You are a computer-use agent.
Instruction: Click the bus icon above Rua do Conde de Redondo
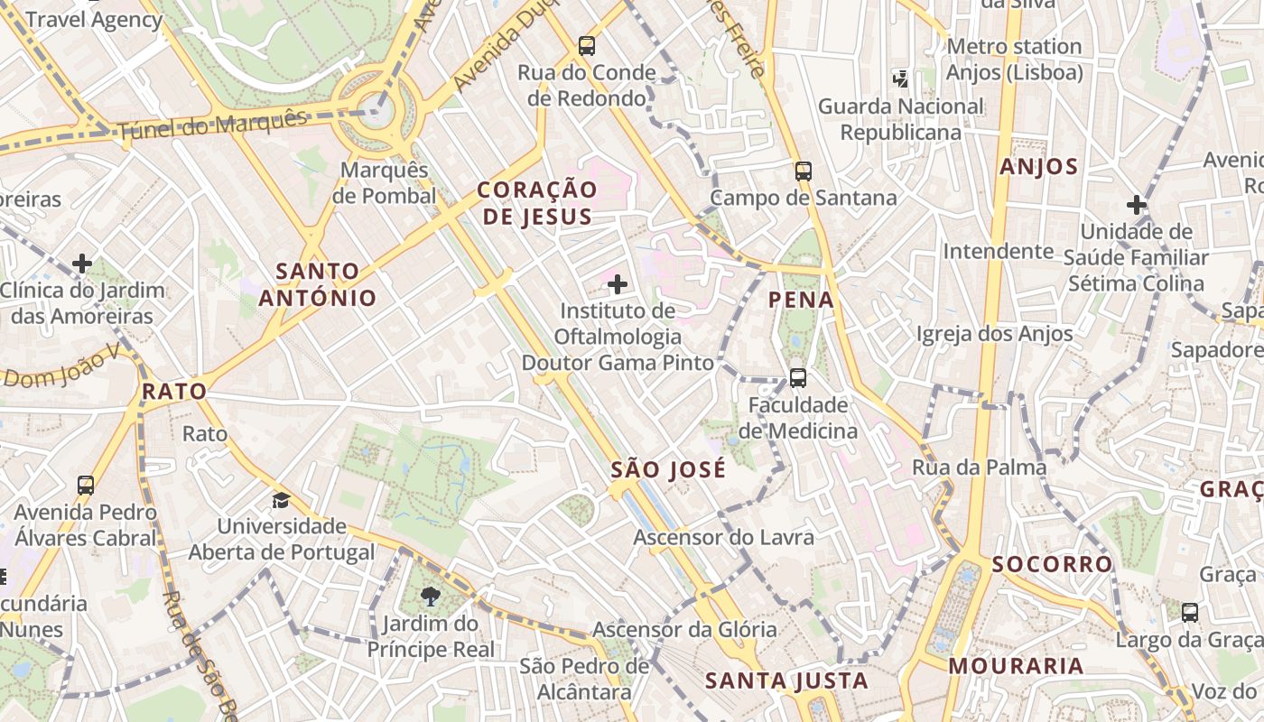(587, 45)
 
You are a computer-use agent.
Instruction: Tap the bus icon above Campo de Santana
(804, 171)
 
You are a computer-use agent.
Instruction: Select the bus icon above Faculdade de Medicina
(798, 378)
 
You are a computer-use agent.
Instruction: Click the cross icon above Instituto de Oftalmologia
(618, 285)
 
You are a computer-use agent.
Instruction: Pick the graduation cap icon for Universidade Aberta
(282, 500)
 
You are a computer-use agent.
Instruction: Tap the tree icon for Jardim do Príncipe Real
(431, 596)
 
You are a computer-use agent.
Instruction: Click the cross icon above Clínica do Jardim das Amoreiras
(82, 264)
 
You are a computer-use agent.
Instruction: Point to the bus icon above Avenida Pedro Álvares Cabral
(86, 486)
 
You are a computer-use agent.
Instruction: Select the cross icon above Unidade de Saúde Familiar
(1137, 205)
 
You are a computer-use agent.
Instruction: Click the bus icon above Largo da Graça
(1190, 613)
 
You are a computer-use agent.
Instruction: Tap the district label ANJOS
(1039, 166)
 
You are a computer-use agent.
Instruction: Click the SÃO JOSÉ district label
(668, 469)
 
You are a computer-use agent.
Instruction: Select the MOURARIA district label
(1016, 666)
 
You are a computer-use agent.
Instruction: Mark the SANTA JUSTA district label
(787, 680)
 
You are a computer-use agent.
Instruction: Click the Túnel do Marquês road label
(213, 125)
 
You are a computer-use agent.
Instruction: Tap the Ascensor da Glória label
(684, 629)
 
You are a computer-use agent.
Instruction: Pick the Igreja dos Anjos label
(995, 334)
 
